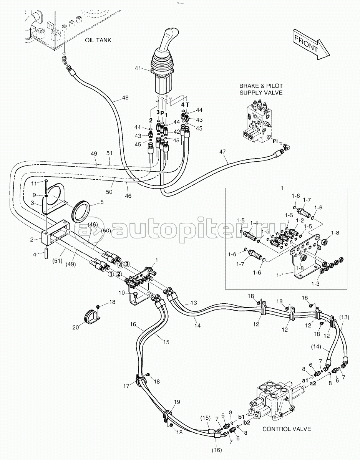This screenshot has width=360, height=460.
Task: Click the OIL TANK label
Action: click(x=98, y=40)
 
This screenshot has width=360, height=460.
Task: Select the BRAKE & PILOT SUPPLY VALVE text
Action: click(x=261, y=89)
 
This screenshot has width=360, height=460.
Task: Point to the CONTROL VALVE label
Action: click(x=287, y=429)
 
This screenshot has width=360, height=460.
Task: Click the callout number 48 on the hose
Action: click(x=125, y=98)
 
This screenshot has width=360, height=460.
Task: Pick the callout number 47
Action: click(x=222, y=152)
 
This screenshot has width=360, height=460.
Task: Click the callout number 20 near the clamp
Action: click(x=76, y=327)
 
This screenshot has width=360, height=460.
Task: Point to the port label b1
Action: click(x=241, y=417)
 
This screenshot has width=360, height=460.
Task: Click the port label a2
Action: click(x=312, y=383)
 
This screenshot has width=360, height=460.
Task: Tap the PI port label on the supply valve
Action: click(x=275, y=141)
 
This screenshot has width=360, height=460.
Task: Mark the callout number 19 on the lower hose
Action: click(x=177, y=402)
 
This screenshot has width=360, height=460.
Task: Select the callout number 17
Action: click(x=126, y=386)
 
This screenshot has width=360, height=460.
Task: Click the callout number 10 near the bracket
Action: click(x=121, y=293)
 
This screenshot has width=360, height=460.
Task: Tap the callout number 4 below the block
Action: click(x=34, y=254)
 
